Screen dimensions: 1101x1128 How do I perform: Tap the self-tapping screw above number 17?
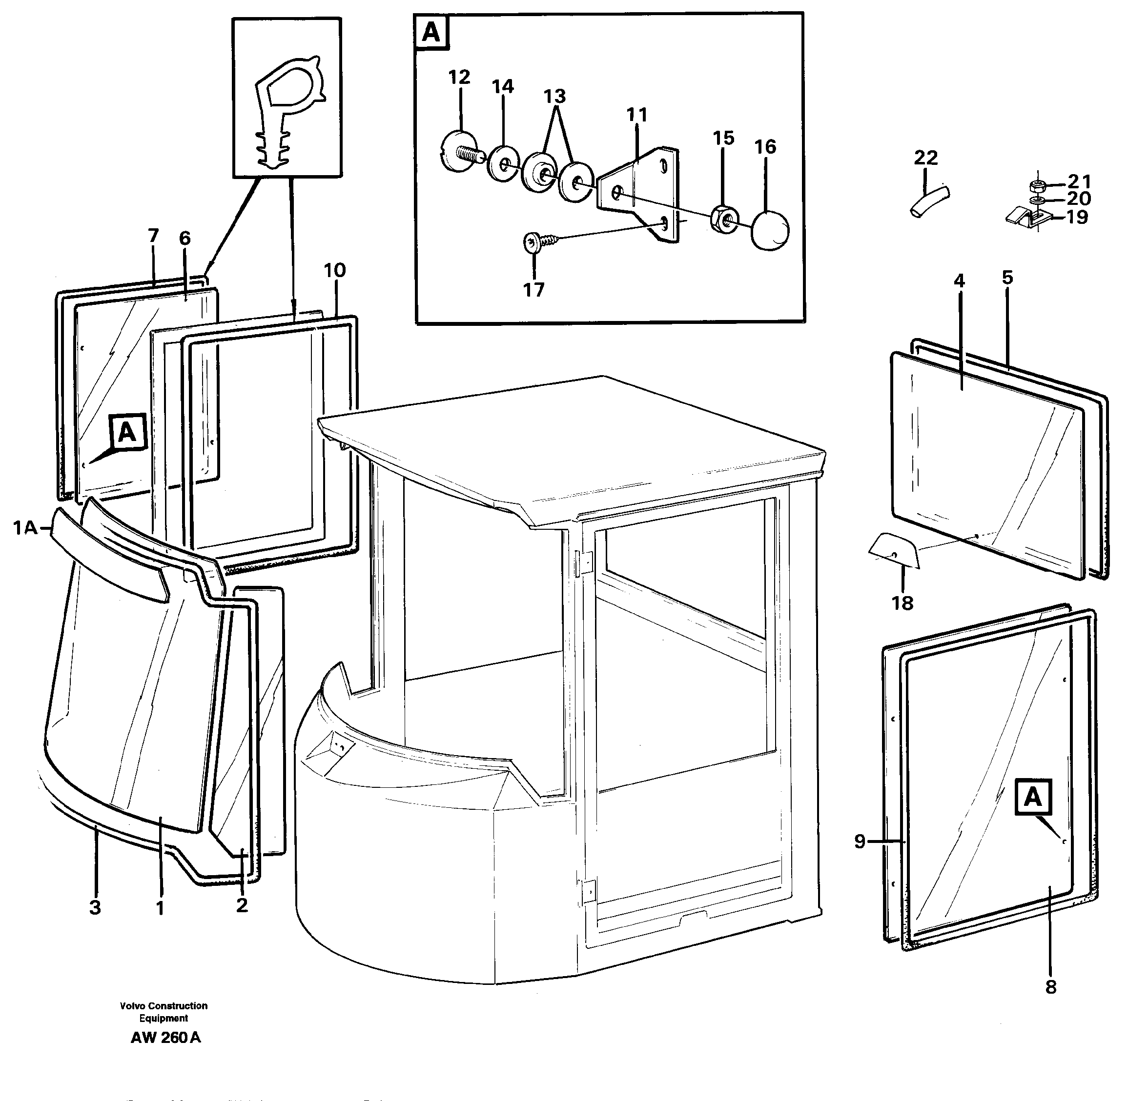pos(535,243)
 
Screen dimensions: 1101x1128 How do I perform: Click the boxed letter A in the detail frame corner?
pos(431,33)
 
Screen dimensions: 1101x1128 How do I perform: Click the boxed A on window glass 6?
pos(127,432)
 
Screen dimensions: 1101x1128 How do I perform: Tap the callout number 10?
pos(335,271)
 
